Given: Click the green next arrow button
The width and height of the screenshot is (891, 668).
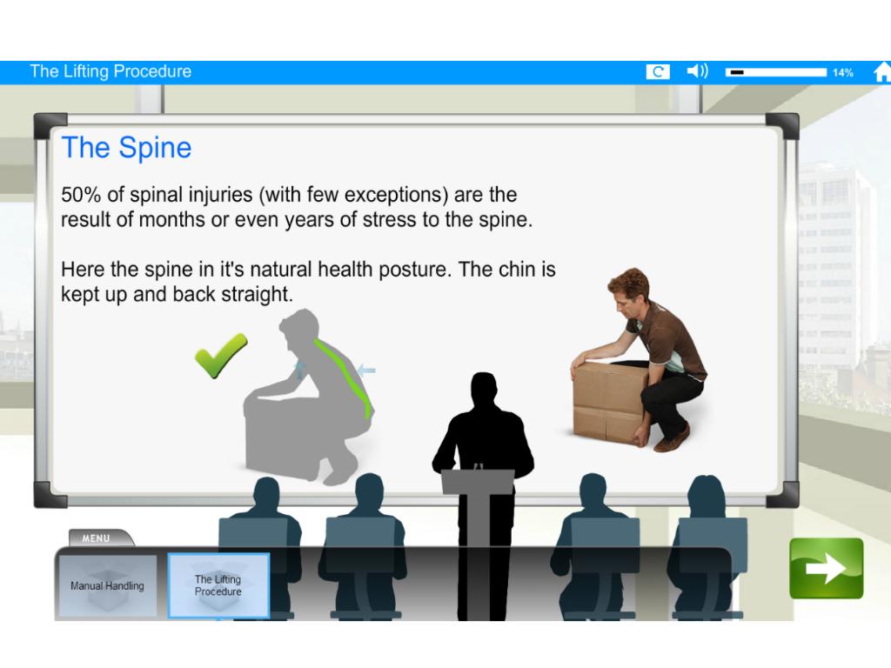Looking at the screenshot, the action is (827, 568).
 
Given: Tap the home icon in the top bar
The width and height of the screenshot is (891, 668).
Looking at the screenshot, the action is (882, 72).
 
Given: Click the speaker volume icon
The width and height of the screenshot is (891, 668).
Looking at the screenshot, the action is (697, 71).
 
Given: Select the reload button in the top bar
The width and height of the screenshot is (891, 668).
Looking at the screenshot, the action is (658, 71).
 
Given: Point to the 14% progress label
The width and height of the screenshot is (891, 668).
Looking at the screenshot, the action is (843, 73).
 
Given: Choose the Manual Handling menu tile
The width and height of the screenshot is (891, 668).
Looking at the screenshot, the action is (107, 585).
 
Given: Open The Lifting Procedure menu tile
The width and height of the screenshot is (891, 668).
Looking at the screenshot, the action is (218, 585).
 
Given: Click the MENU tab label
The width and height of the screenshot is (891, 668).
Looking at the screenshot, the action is (96, 538).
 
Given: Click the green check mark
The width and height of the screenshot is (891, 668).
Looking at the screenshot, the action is (220, 355).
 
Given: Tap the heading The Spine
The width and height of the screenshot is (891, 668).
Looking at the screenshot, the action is (126, 148).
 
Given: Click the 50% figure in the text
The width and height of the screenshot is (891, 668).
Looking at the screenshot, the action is (81, 195).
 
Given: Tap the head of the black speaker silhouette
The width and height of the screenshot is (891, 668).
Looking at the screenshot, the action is (484, 389).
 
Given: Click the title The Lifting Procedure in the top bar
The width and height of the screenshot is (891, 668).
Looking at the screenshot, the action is (111, 71).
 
